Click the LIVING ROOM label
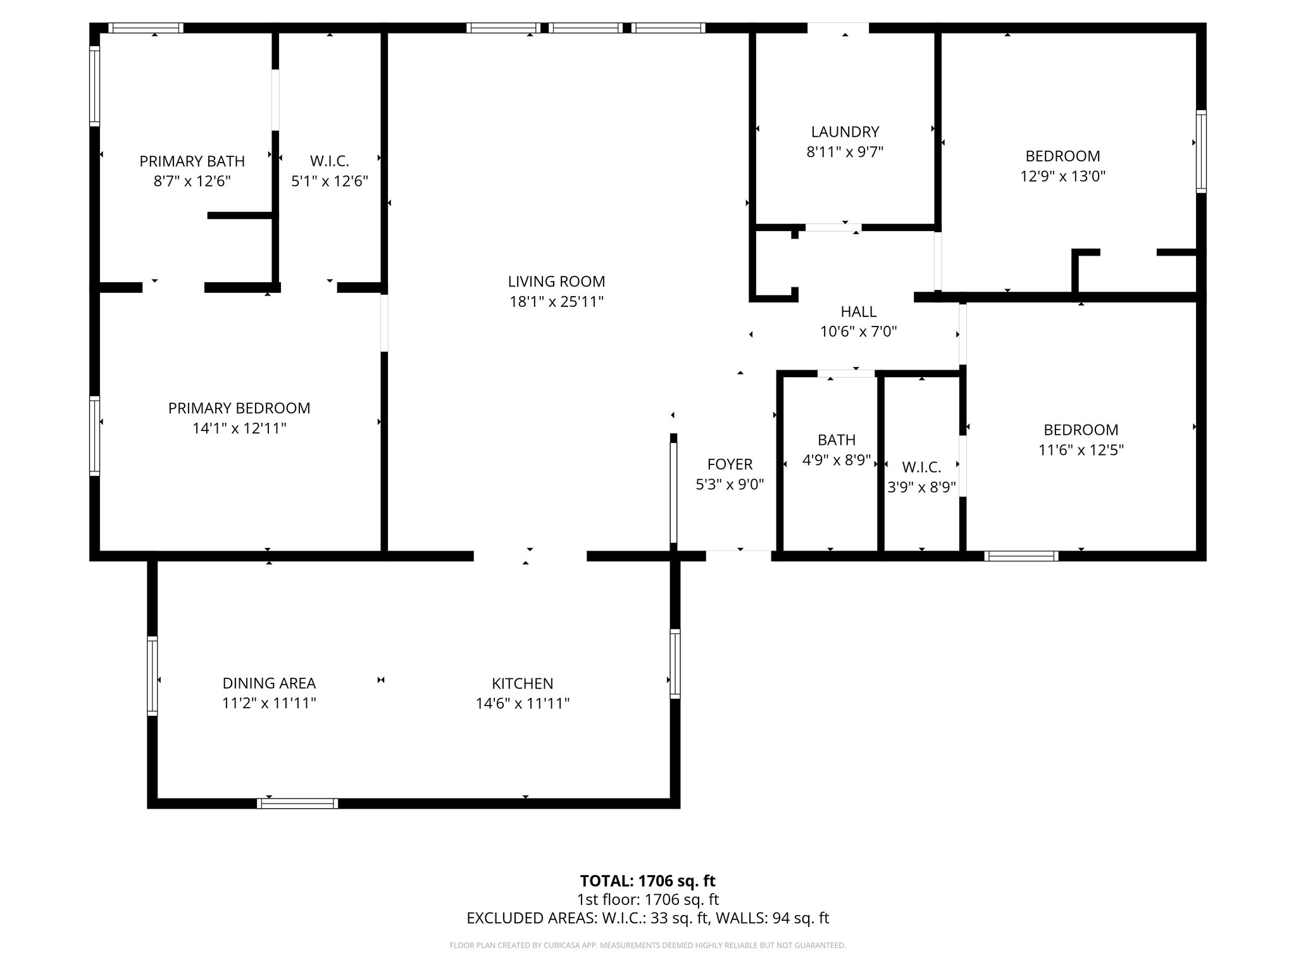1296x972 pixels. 556,282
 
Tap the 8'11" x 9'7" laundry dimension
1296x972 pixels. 845,152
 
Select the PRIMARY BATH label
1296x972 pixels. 192,161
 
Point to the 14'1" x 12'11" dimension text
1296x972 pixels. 239,428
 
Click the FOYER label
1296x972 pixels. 730,464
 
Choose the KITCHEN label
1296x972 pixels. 522,683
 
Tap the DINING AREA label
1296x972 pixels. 269,683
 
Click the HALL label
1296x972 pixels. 858,311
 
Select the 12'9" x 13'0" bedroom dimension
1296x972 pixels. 1062,176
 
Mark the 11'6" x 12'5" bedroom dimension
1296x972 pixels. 1081,450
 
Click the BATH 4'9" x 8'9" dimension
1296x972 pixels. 837,460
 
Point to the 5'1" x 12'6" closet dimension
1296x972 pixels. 329,182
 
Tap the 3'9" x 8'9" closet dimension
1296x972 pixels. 921,487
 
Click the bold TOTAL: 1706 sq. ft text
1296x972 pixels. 647,881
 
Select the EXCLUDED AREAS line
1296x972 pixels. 647,918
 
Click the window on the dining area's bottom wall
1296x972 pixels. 297,804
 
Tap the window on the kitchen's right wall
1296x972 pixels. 675,664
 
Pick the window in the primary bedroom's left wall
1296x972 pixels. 94,435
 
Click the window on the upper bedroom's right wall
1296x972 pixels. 1200,151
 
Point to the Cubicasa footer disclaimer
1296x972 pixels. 647,945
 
